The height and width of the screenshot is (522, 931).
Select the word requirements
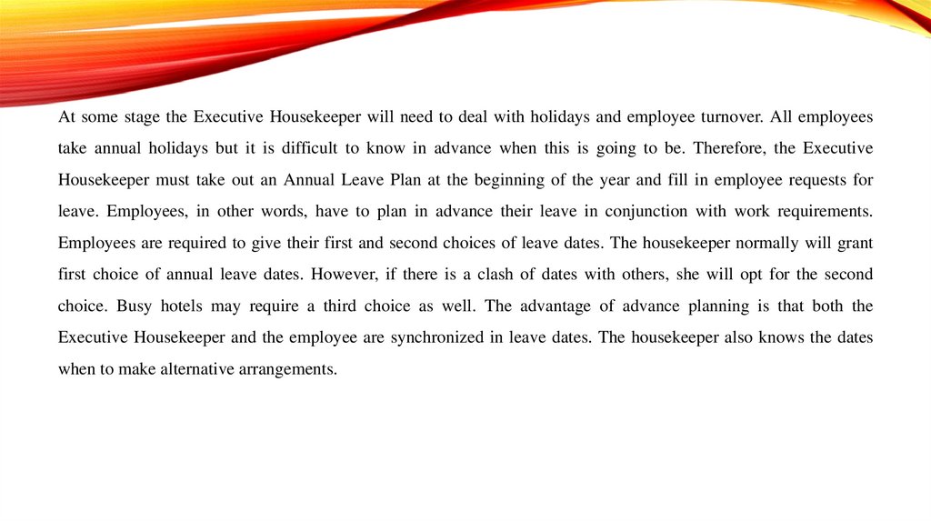(x=822, y=212)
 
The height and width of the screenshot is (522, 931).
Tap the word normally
(x=762, y=243)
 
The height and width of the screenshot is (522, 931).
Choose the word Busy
(x=133, y=306)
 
